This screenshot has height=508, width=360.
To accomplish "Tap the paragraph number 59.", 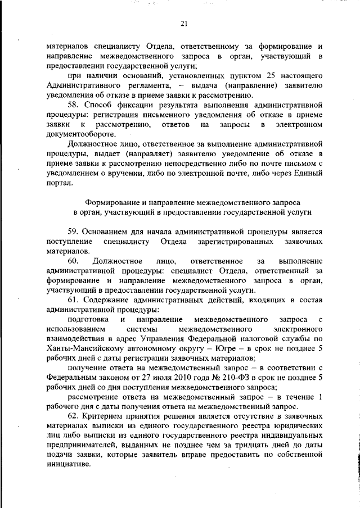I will pyautogui.click(x=73, y=231).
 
